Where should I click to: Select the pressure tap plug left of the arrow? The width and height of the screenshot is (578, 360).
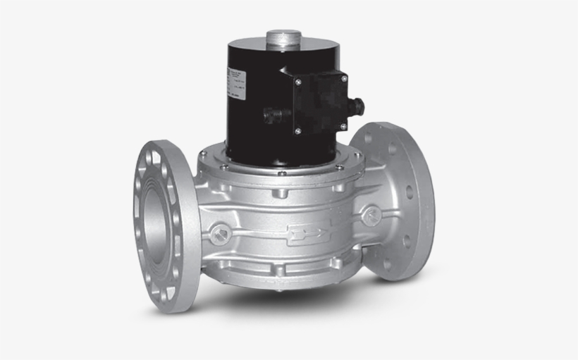pos(221,230)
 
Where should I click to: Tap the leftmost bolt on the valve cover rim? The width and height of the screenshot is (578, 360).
pos(204,159)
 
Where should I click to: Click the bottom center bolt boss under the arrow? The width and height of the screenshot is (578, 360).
pos(281,270)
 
